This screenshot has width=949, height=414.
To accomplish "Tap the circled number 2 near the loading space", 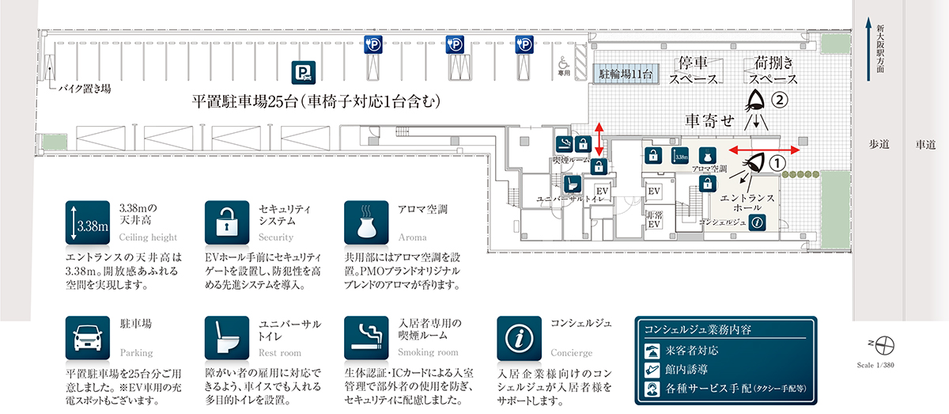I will [x=780, y=101].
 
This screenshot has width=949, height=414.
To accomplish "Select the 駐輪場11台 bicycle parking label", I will [x=625, y=74].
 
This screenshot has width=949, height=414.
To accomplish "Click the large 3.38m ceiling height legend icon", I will [x=87, y=223].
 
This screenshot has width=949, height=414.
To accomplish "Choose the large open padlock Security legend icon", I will [x=227, y=223].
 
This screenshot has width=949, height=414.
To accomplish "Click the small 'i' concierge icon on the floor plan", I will [x=757, y=222].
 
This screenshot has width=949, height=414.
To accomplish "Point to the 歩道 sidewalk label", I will [x=879, y=144].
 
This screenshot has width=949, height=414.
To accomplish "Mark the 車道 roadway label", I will [x=925, y=144].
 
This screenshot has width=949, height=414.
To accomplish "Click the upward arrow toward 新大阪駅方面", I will [x=868, y=47].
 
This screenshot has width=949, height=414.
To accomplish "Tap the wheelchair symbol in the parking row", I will [x=563, y=61].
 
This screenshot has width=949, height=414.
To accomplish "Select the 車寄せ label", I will [x=709, y=120].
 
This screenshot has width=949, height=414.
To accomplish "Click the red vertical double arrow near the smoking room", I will [x=599, y=140].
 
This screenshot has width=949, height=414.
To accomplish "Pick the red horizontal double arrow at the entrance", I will [x=764, y=149].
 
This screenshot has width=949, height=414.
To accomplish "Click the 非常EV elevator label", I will [x=653, y=218].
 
